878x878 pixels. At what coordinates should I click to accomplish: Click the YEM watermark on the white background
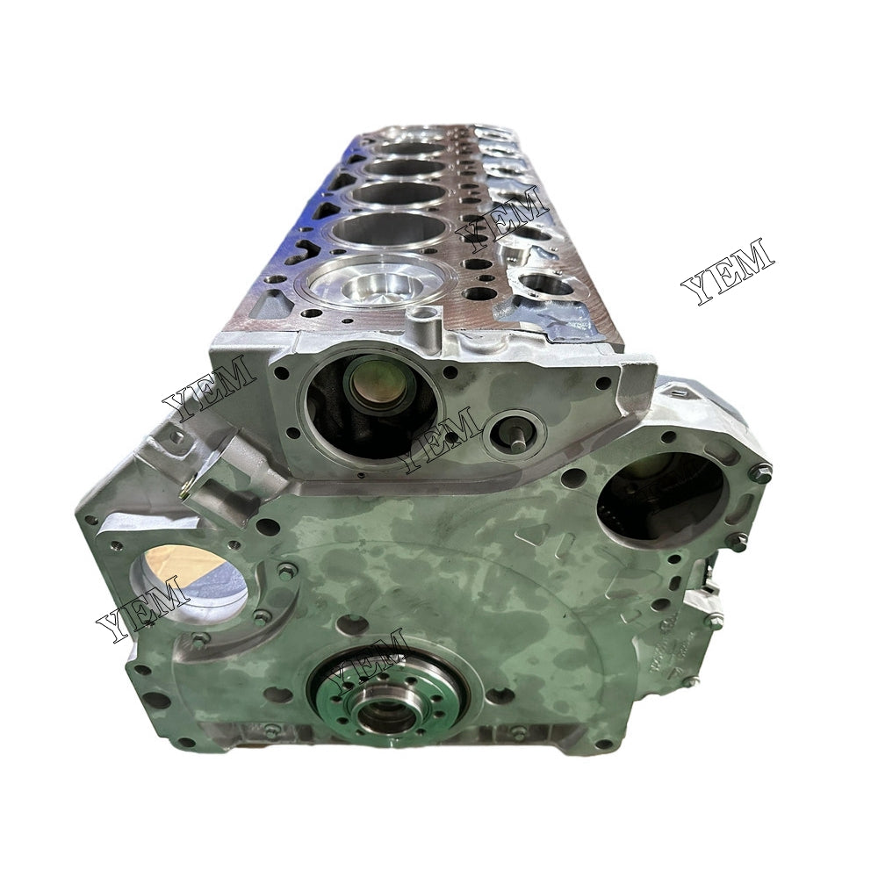tap(727, 270)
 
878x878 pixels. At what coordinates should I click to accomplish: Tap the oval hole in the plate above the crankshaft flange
tap(351, 624)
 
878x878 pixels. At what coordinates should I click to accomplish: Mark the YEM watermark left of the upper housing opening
tap(209, 385)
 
